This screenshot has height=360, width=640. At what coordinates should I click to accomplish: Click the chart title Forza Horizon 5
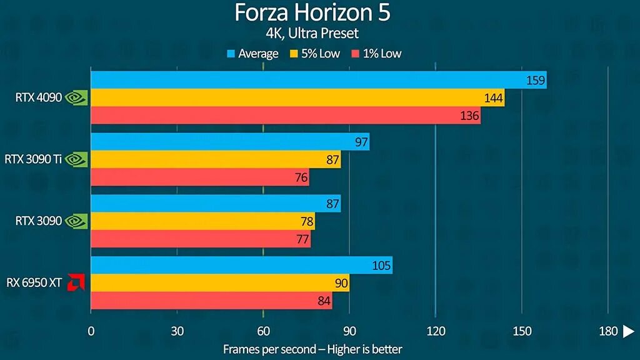tap(313, 12)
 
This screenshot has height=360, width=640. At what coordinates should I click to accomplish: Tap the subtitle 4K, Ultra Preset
tap(313, 32)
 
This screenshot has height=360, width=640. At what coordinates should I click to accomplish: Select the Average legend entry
tap(252, 54)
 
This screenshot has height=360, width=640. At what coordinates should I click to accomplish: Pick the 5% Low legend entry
tap(316, 54)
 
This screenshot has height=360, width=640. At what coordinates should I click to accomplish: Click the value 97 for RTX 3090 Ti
tap(361, 142)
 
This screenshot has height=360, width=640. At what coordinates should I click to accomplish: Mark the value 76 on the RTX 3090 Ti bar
tap(301, 177)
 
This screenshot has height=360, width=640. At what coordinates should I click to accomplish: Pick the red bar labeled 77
tap(200, 239)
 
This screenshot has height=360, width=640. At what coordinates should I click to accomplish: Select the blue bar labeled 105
tap(241, 265)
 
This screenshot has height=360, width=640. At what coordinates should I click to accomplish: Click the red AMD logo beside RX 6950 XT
tap(76, 282)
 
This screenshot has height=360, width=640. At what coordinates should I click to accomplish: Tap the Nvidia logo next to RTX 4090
tap(76, 97)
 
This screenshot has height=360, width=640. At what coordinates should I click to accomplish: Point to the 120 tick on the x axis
tap(435, 331)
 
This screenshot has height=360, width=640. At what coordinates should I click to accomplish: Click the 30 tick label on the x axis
tap(177, 331)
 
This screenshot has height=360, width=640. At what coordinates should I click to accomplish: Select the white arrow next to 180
tap(628, 331)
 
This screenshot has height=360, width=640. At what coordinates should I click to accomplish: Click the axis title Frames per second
tap(312, 349)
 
